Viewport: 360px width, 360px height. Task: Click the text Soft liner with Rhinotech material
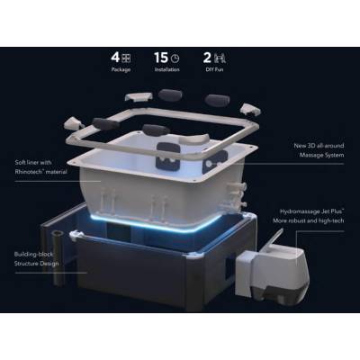coord(41,166)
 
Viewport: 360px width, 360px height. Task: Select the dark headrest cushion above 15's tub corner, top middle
coord(216,99)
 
